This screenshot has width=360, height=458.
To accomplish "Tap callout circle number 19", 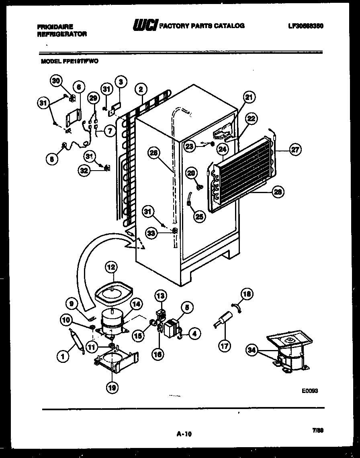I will (112, 387).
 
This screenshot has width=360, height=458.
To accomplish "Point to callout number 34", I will (252, 350).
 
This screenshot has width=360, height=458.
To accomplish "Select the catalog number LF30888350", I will (306, 26).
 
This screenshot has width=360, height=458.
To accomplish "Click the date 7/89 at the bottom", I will (317, 430).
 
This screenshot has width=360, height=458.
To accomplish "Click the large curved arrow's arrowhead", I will (137, 243).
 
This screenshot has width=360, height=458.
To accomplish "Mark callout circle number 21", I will (250, 97).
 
